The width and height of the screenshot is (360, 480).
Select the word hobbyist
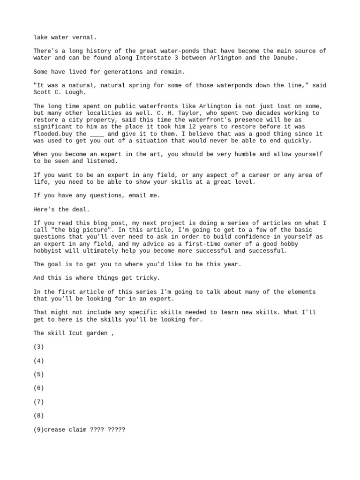pos(48,251)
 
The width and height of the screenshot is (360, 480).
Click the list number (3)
pos(39,347)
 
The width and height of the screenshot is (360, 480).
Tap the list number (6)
pos(39,388)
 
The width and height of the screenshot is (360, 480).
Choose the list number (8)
pos(39,416)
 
